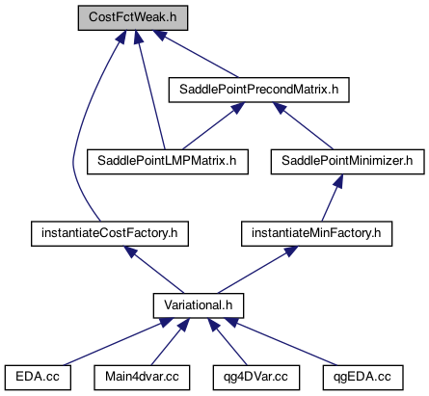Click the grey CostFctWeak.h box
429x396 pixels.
click(133, 18)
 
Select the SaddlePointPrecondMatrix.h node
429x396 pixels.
click(259, 90)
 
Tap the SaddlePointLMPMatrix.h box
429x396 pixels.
click(168, 162)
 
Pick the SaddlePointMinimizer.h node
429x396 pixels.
click(347, 162)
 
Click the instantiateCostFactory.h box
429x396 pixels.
click(110, 234)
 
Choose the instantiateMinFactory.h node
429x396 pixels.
click(316, 234)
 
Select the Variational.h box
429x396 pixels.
click(199, 305)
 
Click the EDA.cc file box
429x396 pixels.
click(38, 378)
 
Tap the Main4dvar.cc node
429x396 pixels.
click(142, 378)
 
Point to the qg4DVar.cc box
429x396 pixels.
click(256, 378)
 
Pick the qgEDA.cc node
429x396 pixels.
click(362, 378)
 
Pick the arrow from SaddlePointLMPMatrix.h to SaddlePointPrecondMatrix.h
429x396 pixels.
click(214, 126)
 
